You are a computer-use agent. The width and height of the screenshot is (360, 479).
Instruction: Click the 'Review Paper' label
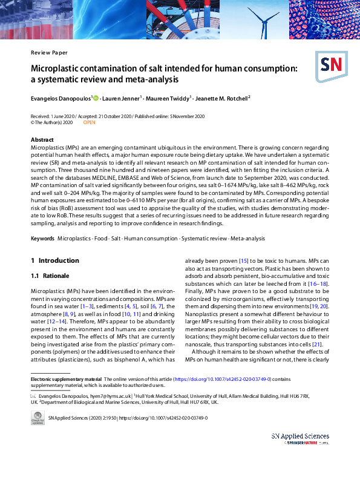49,52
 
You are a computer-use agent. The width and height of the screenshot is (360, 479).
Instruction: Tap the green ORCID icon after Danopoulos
96,97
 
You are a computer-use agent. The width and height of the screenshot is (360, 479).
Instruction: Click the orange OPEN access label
89,122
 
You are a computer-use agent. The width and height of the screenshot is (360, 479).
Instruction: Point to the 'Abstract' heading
42,140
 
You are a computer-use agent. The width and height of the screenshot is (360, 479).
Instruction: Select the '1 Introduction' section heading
55,260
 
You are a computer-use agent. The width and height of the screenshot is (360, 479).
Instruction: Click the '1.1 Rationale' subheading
50,276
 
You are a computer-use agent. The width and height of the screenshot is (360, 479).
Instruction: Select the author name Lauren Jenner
123,97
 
